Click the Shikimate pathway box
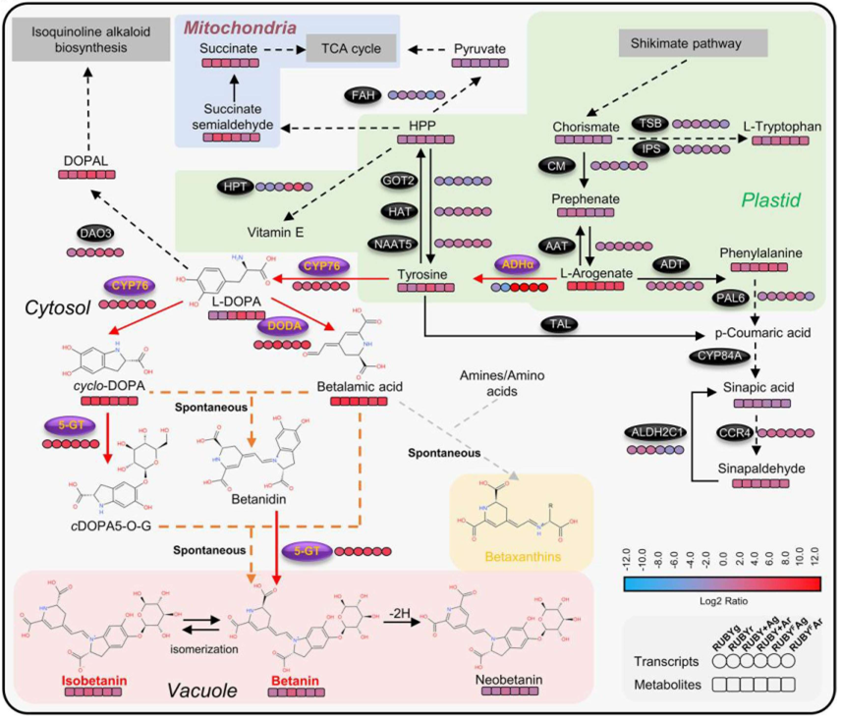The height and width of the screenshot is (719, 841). (x=695, y=43)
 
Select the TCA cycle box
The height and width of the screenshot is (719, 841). (x=350, y=47)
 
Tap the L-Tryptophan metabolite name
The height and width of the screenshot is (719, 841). (x=783, y=126)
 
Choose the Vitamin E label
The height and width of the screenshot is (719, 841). (x=275, y=232)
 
